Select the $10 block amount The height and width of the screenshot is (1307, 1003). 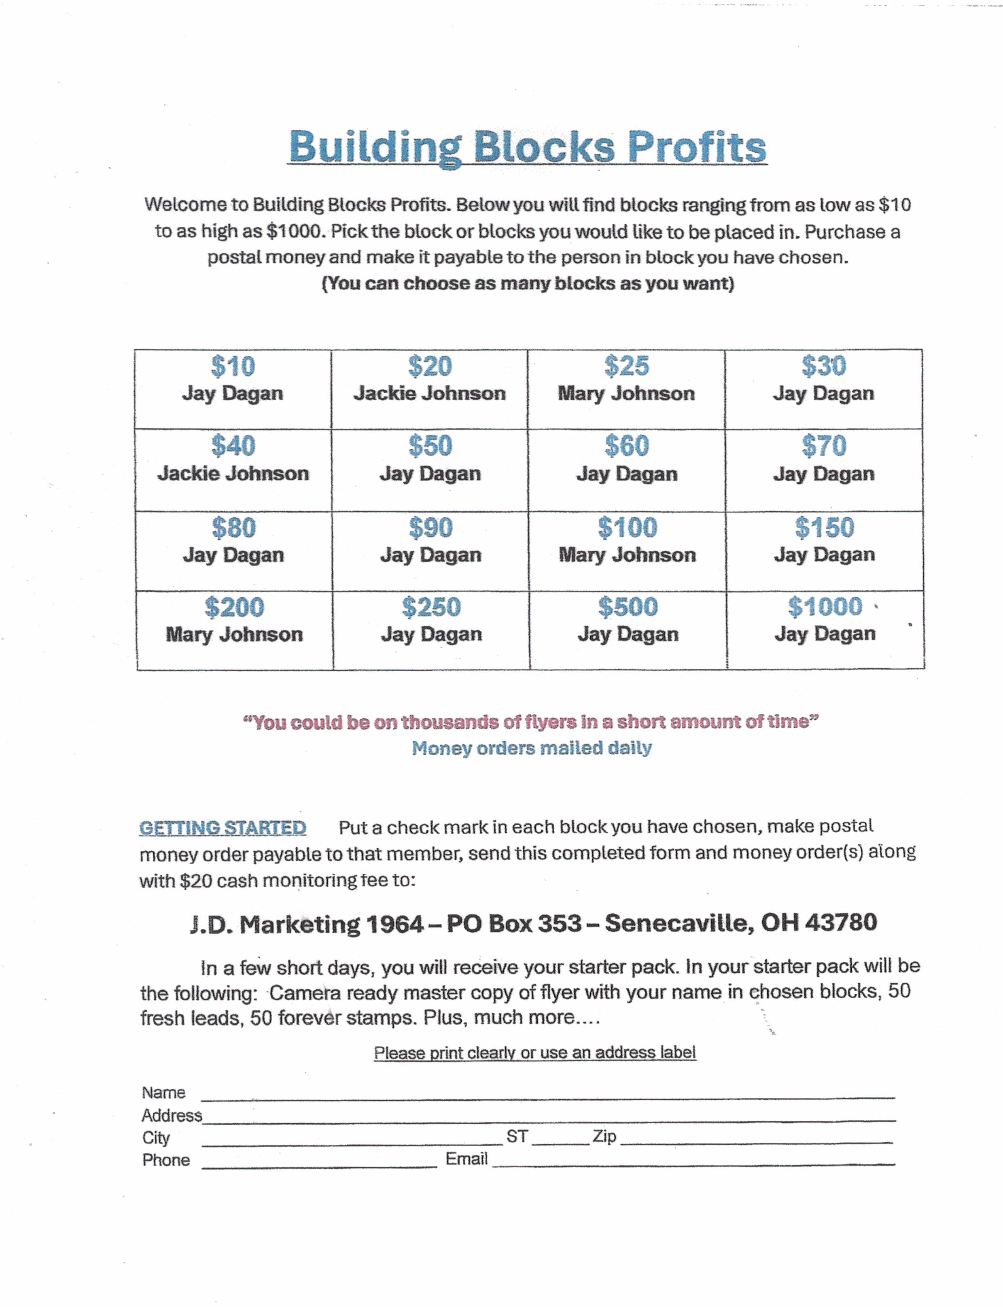(x=233, y=366)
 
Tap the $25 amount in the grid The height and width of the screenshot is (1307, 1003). (x=626, y=366)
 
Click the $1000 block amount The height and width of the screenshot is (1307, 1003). (x=825, y=607)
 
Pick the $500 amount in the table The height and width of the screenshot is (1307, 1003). (x=628, y=607)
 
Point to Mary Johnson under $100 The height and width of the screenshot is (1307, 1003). (x=627, y=555)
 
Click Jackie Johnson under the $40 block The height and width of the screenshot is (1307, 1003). (x=233, y=474)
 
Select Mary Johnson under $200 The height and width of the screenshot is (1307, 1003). (x=234, y=634)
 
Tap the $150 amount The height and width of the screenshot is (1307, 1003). (x=825, y=527)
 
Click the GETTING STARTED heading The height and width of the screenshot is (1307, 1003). (x=223, y=828)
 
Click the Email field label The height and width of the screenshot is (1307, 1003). (x=466, y=1159)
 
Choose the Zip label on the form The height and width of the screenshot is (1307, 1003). (x=604, y=1136)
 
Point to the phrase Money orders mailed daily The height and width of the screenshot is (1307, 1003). (x=531, y=748)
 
